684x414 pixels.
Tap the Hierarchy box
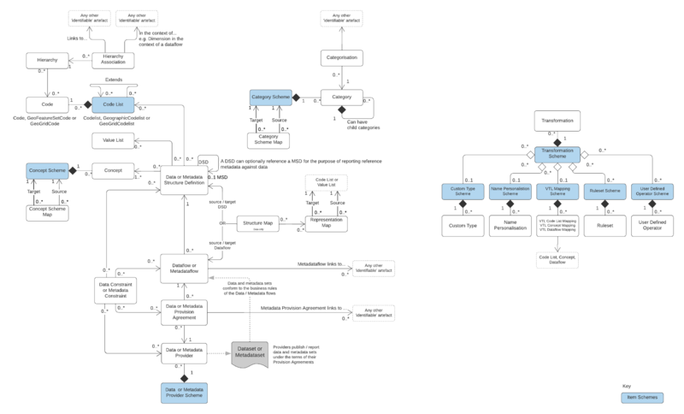tap(47, 60)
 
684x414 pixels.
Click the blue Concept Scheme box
tap(47, 170)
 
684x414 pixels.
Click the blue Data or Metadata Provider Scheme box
tap(185, 392)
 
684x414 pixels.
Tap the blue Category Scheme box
tap(271, 99)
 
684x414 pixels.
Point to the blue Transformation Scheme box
tap(557, 154)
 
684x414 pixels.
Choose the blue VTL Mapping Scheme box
tap(557, 192)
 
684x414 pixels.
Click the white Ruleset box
tap(605, 227)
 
